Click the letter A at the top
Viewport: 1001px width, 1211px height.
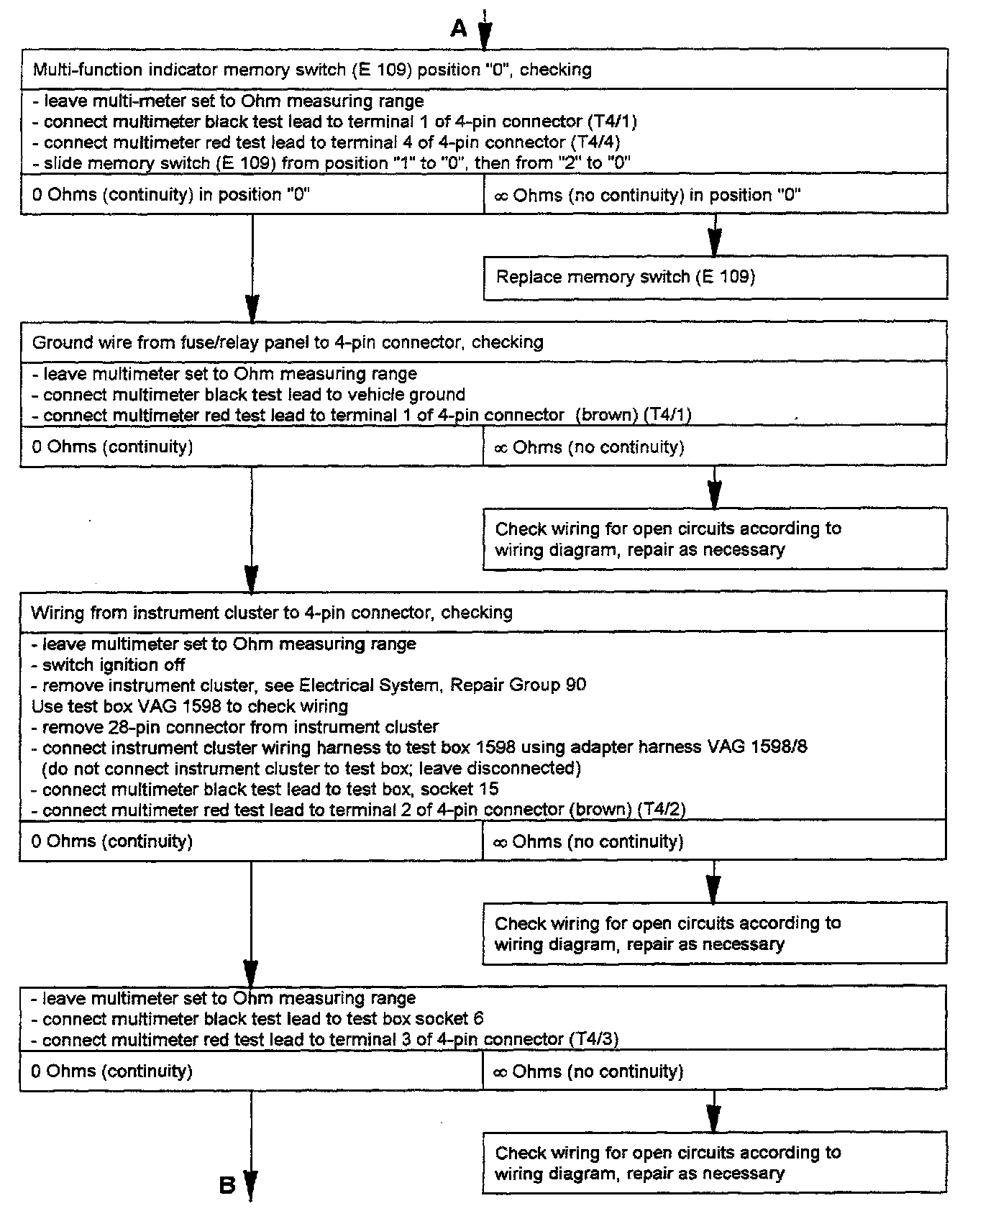pyautogui.click(x=459, y=29)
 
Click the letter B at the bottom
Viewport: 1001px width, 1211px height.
pyautogui.click(x=227, y=1185)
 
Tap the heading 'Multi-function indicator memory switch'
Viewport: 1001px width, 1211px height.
pyautogui.click(x=312, y=70)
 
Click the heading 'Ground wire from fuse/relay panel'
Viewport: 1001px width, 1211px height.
pyautogui.click(x=288, y=342)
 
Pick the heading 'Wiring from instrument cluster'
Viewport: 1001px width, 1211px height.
pyautogui.click(x=272, y=613)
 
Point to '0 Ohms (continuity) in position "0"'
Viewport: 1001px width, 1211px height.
pyautogui.click(x=171, y=195)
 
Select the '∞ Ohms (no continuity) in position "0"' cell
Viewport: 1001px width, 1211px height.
pyautogui.click(x=648, y=195)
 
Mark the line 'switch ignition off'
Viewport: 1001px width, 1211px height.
pyautogui.click(x=114, y=665)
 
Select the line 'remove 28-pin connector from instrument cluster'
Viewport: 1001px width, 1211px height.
pyautogui.click(x=240, y=727)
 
